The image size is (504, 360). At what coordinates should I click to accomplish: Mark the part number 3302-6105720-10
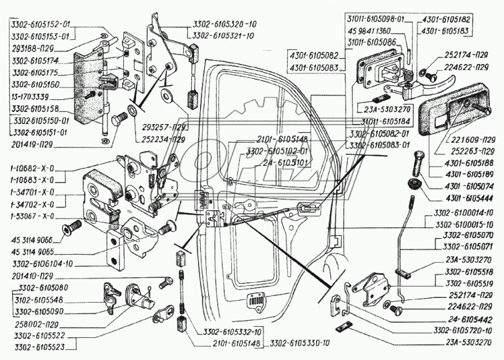coord(464,330)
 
